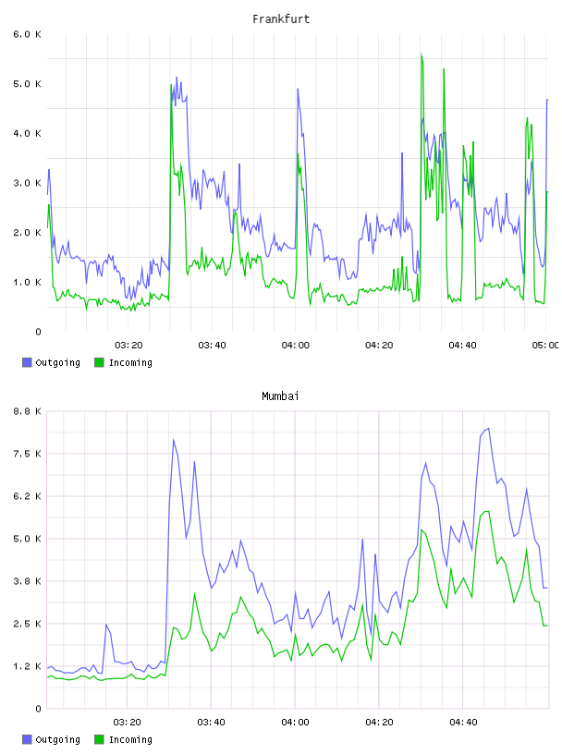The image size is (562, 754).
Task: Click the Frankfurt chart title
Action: [x=281, y=19]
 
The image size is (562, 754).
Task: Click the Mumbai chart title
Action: [x=280, y=396]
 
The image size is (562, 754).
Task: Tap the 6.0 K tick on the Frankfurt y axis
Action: [x=27, y=34]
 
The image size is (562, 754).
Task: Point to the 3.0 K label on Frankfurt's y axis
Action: [x=27, y=183]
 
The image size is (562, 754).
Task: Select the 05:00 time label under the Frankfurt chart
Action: [x=545, y=345]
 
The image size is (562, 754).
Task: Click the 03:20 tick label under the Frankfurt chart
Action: [x=128, y=345]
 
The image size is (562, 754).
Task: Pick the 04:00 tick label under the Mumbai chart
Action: [x=295, y=722]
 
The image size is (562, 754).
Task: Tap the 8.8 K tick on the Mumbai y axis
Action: [x=27, y=411]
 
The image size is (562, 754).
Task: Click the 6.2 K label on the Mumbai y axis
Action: [x=27, y=496]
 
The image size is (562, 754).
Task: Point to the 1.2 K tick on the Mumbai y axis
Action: [x=27, y=666]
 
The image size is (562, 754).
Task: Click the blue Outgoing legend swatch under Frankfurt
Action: [x=27, y=362]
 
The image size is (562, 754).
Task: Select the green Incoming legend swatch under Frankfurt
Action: [x=99, y=362]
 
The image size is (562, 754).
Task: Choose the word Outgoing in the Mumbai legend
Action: [x=57, y=739]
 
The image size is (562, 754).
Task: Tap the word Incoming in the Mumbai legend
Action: [x=130, y=739]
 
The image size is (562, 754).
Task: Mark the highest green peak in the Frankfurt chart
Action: [x=421, y=55]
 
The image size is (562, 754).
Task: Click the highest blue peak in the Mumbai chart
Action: [x=488, y=428]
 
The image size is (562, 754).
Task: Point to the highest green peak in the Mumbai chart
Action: [x=488, y=511]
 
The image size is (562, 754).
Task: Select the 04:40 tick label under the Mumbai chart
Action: [x=463, y=722]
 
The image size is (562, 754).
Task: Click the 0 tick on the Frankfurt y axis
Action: [x=38, y=332]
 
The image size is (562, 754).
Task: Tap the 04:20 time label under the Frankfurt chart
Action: [x=379, y=345]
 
